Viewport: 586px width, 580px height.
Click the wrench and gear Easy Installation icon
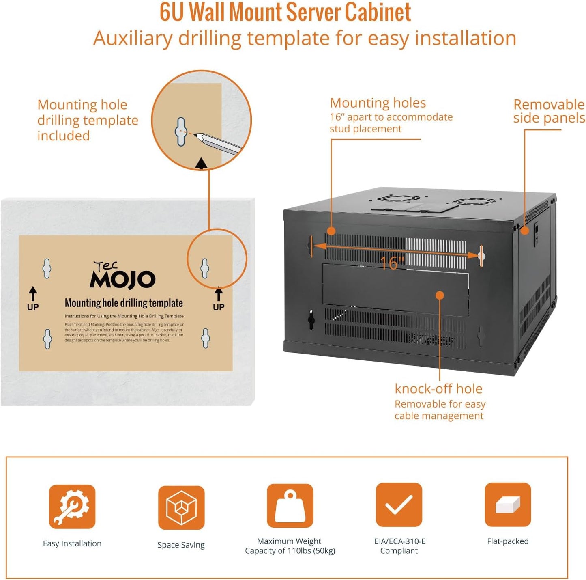click(x=72, y=506)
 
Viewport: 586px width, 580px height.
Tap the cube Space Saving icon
click(x=181, y=507)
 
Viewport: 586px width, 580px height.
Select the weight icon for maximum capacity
click(x=290, y=506)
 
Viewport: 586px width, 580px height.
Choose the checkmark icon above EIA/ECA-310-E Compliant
click(x=399, y=505)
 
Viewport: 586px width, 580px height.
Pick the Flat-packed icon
click(x=508, y=505)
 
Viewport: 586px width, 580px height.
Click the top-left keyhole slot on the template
click(x=47, y=268)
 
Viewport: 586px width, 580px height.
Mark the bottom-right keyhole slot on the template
click(x=206, y=338)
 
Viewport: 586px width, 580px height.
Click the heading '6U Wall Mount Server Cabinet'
click(x=285, y=12)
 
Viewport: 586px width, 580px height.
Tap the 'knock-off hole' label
click(x=438, y=389)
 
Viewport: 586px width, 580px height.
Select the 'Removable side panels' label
click(x=549, y=111)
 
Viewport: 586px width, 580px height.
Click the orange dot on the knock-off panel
click(x=440, y=295)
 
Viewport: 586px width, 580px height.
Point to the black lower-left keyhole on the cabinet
click(x=311, y=320)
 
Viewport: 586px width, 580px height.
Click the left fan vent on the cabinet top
click(x=393, y=198)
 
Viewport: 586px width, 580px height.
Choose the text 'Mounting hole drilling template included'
click(x=88, y=120)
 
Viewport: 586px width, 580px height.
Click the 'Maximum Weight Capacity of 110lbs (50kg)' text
click(x=290, y=546)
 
